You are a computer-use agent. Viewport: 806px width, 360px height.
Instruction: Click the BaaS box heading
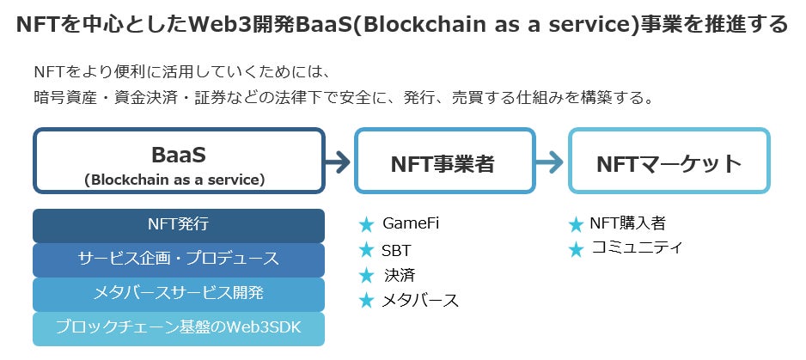point(179,155)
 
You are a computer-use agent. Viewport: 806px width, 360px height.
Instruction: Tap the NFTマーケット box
point(669,162)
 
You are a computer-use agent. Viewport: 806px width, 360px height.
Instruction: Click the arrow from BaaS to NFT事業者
point(339,162)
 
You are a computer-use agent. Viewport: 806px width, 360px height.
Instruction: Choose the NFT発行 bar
point(179,225)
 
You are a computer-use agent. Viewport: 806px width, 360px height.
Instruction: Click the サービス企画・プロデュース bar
point(179,259)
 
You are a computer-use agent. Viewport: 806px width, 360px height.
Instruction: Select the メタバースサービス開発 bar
point(179,293)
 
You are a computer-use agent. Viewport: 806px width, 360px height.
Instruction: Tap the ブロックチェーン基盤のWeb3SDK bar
point(179,327)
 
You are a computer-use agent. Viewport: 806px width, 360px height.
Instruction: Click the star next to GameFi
point(367,225)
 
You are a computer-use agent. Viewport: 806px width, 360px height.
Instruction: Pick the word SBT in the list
point(396,251)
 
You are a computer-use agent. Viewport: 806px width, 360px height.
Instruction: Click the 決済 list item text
point(400,276)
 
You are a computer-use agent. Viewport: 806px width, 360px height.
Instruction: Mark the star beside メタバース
point(367,301)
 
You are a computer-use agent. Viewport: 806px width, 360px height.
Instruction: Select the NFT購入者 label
point(627,224)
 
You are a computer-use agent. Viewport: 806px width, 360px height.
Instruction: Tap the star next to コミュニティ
point(576,250)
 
